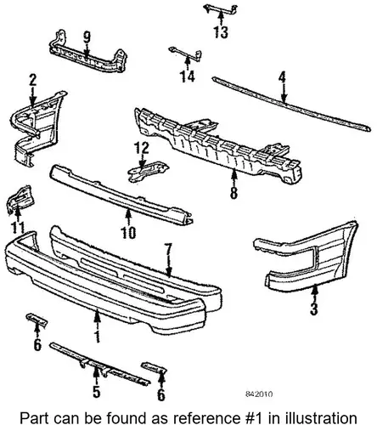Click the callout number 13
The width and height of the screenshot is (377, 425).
click(221, 32)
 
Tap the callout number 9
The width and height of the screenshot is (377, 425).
click(87, 37)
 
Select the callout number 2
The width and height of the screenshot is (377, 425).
click(33, 81)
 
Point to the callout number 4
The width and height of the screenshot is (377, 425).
click(282, 77)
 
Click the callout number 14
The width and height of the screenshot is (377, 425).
click(188, 76)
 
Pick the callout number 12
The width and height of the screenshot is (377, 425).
click(142, 148)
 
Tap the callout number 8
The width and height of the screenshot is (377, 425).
click(234, 193)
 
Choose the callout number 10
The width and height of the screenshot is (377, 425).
click(128, 233)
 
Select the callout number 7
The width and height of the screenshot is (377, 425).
click(168, 249)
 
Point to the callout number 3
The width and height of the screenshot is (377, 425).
click(314, 309)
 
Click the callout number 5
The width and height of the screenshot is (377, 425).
click(97, 391)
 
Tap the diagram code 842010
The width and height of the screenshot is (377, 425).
click(259, 394)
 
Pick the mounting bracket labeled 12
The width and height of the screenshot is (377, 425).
click(148, 171)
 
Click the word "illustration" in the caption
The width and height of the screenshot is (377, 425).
click(321, 418)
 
